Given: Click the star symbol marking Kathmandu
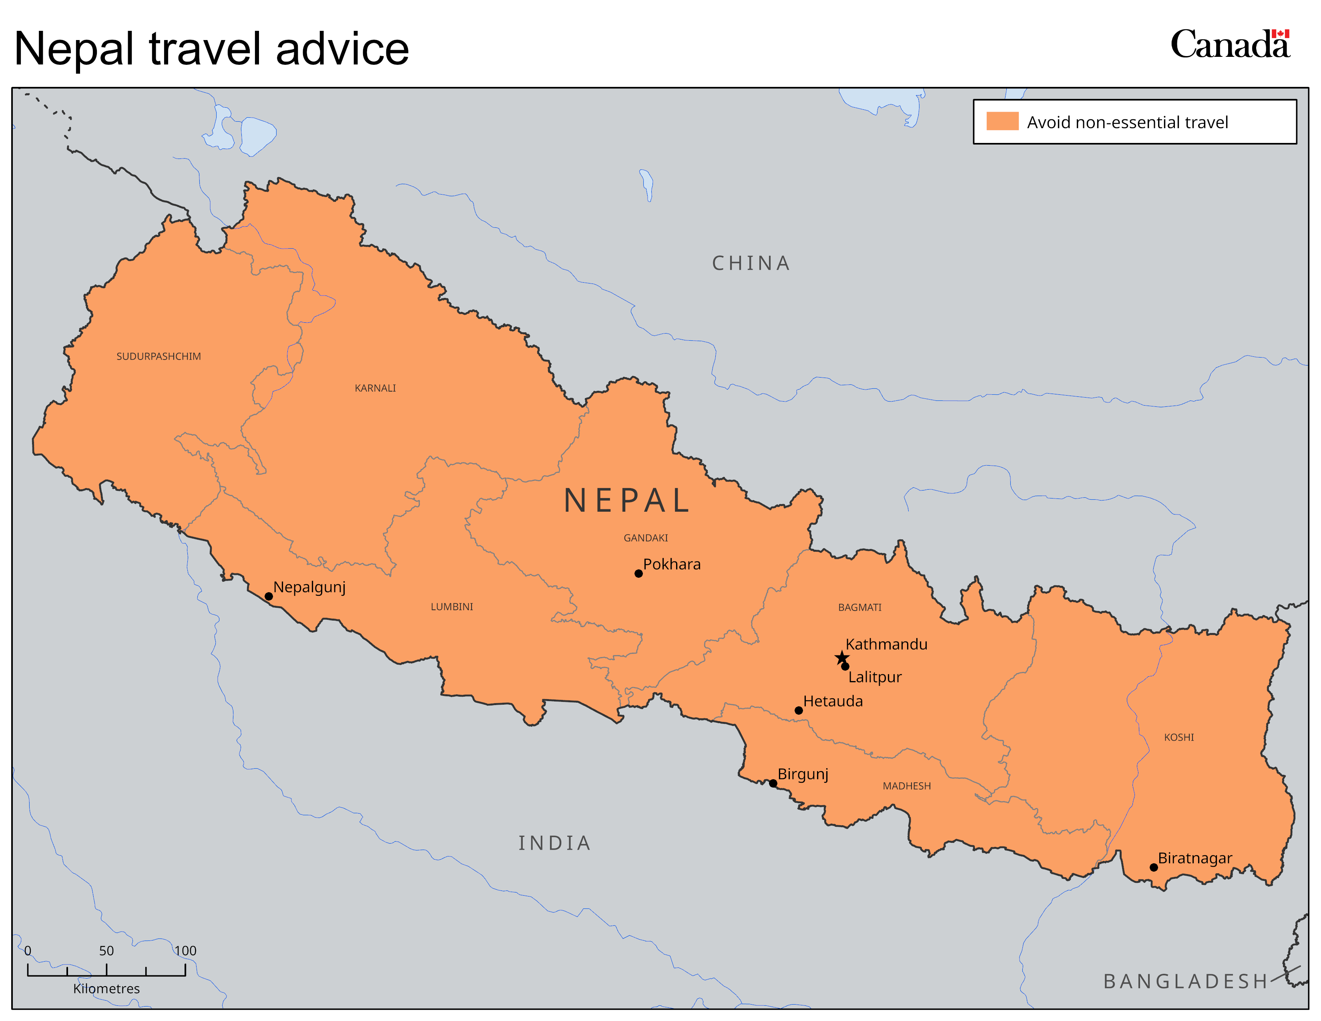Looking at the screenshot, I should [841, 657].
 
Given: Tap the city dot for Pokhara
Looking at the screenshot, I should [638, 573].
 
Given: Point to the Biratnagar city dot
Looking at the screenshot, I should [1153, 867].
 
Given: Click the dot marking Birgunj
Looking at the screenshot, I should [773, 783].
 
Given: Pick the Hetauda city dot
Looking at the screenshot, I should [799, 711].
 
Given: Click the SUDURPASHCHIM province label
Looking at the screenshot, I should [159, 357].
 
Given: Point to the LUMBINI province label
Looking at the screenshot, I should [452, 607].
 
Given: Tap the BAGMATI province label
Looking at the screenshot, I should [859, 607].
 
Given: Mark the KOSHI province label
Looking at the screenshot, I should [1179, 737].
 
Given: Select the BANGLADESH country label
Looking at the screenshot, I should [1186, 981].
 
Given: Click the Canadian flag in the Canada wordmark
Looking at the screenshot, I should [1281, 34].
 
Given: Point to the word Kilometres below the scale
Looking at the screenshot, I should [106, 988].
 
